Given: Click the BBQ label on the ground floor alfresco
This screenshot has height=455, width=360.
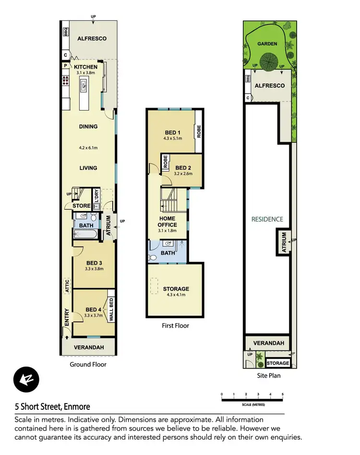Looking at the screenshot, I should (x=66, y=32).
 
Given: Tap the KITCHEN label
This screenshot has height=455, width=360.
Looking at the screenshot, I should (x=85, y=67).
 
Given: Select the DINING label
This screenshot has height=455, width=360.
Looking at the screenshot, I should (x=88, y=127).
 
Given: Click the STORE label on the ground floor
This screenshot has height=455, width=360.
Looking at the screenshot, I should (x=81, y=206).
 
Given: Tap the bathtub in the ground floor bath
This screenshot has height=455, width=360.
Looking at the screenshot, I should (x=85, y=234).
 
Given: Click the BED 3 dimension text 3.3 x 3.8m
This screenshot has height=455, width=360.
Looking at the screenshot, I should (x=94, y=269).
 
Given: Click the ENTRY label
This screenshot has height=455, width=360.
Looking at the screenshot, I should (x=66, y=318).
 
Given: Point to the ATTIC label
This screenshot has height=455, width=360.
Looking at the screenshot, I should (x=67, y=286).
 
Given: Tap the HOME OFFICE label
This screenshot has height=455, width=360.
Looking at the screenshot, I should (x=168, y=221).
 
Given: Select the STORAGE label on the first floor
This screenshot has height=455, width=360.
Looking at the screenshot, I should (x=176, y=289).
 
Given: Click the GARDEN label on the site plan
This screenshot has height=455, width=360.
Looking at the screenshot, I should (x=267, y=44).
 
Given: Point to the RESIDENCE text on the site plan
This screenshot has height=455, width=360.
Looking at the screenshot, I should (x=268, y=219).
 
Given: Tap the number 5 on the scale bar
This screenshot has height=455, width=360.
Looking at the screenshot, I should (x=283, y=394).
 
